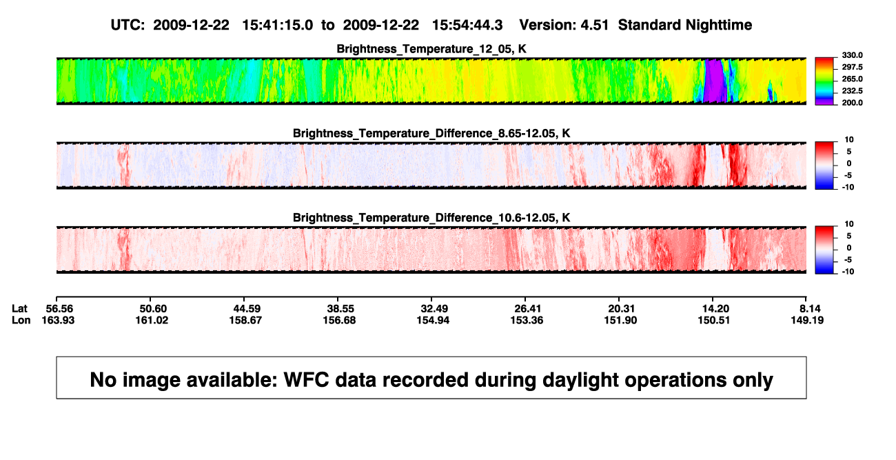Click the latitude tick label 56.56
(x=59, y=309)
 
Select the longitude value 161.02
(x=152, y=320)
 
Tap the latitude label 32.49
(x=434, y=309)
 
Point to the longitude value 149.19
(x=807, y=320)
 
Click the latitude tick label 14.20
(x=715, y=309)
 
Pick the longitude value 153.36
(x=527, y=320)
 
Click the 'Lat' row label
(x=19, y=309)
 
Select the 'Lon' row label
(x=21, y=320)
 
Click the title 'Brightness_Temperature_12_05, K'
(x=431, y=49)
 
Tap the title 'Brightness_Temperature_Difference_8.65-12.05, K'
(x=431, y=133)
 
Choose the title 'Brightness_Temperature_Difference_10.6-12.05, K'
(x=431, y=218)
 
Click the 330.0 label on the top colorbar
(x=852, y=55)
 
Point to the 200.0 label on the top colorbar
(x=852, y=103)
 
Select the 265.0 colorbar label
(x=852, y=79)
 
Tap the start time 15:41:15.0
(x=277, y=25)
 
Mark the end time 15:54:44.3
(x=467, y=25)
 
